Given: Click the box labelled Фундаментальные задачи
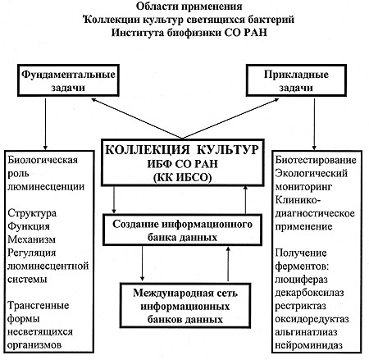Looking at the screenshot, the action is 68,80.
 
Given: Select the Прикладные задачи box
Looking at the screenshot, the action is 296,80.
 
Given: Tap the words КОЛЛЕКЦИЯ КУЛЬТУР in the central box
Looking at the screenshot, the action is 182,149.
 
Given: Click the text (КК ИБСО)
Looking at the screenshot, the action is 182,178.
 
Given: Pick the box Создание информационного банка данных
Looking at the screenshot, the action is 182,230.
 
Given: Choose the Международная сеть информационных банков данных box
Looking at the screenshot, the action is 185,305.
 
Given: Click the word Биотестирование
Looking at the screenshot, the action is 316,160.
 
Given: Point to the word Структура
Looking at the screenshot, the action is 32,213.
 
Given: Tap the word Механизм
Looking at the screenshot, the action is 31,239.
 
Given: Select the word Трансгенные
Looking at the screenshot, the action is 38,306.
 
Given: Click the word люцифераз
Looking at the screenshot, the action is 301,280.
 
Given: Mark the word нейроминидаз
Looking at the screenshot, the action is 308,345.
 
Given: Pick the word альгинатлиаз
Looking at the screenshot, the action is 306,332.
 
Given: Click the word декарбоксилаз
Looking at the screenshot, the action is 309,293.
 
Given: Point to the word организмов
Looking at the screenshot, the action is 34,345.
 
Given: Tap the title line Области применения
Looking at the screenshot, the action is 189,7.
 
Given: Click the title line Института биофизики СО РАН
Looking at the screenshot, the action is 189,33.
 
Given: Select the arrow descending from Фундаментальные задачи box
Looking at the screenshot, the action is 45,124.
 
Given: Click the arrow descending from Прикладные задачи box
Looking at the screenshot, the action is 314,124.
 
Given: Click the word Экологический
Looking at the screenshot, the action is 312,173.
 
